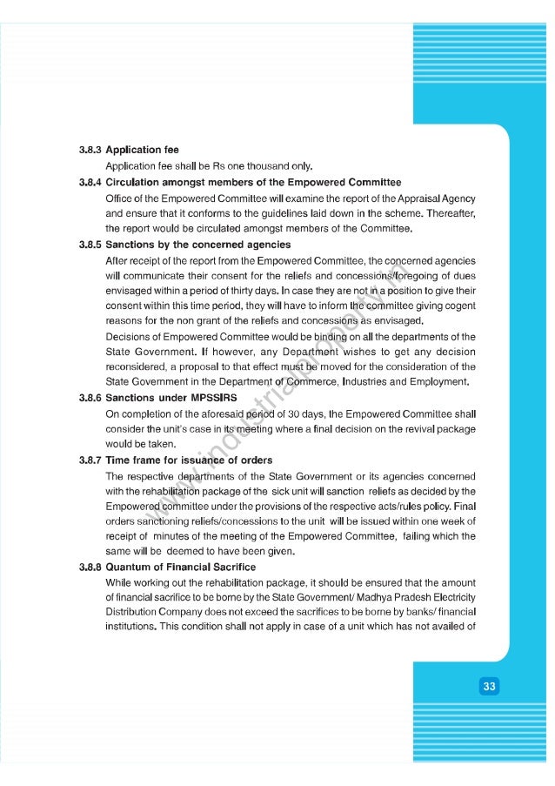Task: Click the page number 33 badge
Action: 490,687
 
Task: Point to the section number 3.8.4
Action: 88,183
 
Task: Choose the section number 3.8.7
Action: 88,460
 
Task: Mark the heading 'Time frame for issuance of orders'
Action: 188,460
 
